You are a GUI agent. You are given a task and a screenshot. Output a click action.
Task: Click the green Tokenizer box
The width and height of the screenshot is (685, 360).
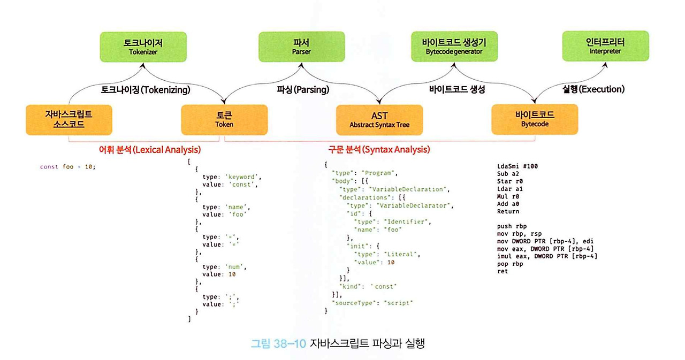tap(143, 46)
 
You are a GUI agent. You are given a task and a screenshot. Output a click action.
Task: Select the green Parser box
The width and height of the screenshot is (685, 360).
tap(301, 46)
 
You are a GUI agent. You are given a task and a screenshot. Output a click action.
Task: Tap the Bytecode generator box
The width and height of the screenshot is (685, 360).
tap(454, 46)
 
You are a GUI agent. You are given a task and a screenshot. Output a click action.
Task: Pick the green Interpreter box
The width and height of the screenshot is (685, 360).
tap(605, 46)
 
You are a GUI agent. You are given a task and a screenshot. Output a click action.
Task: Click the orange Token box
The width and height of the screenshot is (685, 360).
tap(224, 119)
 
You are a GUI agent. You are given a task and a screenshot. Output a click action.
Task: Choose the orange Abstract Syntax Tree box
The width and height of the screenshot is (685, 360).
tap(379, 119)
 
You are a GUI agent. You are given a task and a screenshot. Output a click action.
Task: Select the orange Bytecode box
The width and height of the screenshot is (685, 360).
tap(535, 119)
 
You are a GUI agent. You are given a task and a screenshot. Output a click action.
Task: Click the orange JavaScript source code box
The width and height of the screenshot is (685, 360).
tap(68, 119)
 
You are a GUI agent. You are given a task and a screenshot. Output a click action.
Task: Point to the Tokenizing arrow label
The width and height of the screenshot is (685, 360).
tap(146, 89)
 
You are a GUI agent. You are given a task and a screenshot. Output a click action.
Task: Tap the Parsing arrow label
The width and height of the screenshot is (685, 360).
tap(303, 89)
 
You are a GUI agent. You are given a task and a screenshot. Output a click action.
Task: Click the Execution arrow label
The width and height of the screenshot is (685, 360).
tap(593, 89)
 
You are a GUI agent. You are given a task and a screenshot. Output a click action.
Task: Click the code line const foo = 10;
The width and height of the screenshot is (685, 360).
tap(67, 167)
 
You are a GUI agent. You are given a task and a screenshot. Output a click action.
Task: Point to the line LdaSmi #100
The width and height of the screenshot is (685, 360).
tap(517, 166)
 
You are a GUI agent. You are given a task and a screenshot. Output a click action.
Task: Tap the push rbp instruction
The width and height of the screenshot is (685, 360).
tap(512, 226)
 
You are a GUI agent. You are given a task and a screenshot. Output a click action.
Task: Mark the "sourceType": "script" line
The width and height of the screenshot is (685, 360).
tap(372, 303)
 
